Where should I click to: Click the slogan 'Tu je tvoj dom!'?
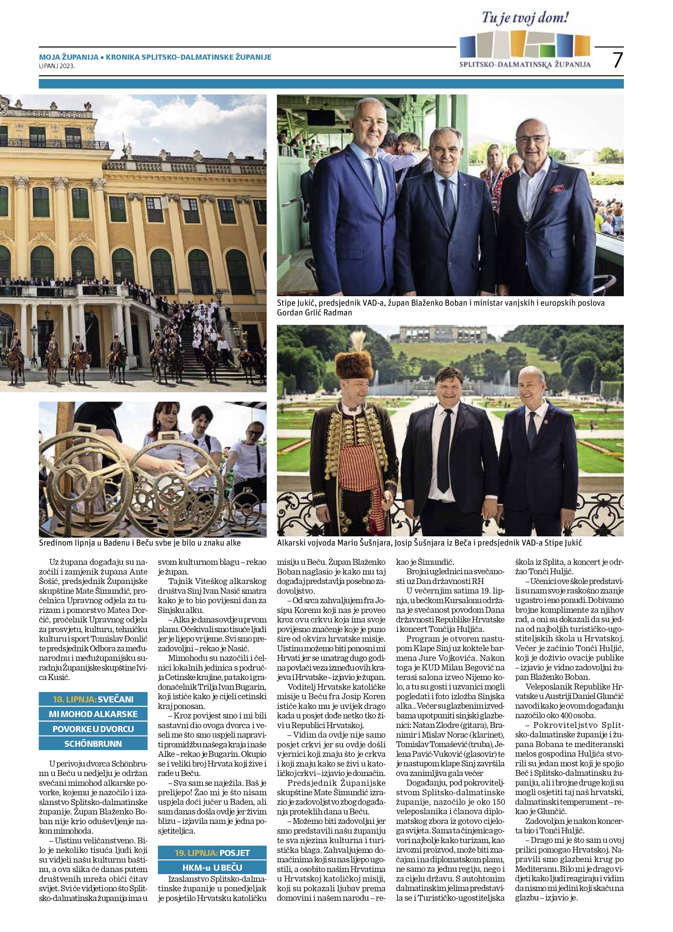pos(525,18)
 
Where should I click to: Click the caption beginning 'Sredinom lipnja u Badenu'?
pos(140,543)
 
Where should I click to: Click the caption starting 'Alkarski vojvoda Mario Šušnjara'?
pos(429,543)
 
